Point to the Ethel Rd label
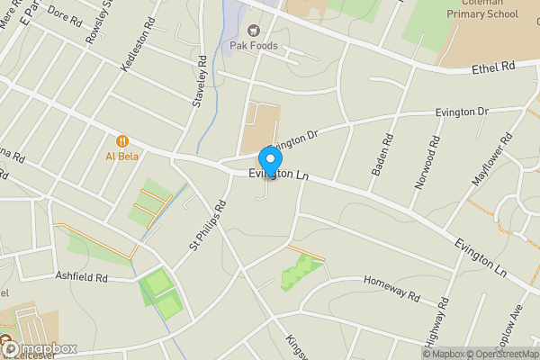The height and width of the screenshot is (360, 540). [495, 67]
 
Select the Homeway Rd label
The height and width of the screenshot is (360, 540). [391, 287]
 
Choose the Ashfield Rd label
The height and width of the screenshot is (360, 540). [81, 277]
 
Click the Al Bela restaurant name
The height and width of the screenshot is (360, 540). [121, 155]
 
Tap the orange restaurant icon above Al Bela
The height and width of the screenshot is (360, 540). [121, 140]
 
